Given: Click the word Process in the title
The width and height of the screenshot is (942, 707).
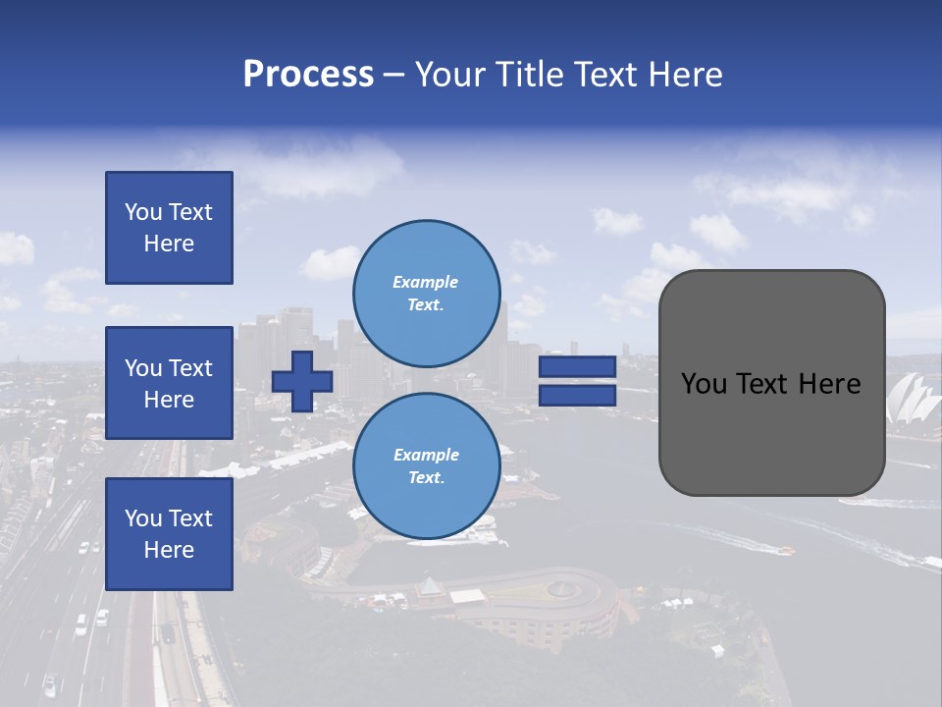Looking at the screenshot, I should click(x=308, y=75).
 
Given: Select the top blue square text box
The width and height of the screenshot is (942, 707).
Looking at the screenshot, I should click(x=169, y=228).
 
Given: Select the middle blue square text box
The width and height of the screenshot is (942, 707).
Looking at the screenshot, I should click(x=169, y=383).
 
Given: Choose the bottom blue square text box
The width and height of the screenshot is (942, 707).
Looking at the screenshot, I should click(x=169, y=534).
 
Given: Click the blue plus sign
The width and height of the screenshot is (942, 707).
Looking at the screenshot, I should click(x=302, y=381).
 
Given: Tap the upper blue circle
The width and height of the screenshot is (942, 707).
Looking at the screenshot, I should click(x=426, y=294).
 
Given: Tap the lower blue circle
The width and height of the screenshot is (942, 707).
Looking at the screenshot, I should click(x=426, y=466).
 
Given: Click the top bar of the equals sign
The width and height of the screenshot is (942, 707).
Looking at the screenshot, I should click(x=577, y=367).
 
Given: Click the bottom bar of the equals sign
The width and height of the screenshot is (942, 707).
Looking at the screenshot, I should click(x=577, y=395).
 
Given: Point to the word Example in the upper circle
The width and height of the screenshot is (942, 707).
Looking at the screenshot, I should click(x=426, y=283).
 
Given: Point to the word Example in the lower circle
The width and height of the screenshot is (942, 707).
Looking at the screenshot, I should click(x=426, y=456).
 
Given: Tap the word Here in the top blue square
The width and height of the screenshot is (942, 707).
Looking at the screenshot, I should click(x=169, y=244).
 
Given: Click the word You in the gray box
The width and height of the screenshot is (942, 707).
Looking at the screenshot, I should click(x=704, y=384).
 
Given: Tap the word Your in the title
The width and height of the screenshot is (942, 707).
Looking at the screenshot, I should click(x=447, y=75).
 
